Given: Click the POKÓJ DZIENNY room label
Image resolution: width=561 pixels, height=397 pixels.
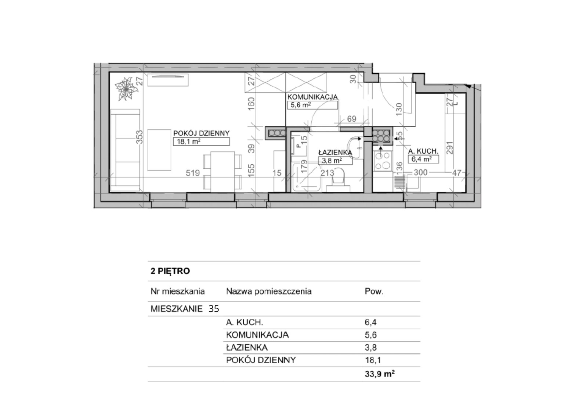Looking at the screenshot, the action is [202, 133].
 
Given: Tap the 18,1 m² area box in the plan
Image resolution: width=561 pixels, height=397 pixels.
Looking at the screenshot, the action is [201, 142].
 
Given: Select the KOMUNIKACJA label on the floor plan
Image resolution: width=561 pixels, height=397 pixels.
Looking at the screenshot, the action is [312, 97].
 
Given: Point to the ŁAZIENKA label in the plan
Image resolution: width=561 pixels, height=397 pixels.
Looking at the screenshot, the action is [335, 152].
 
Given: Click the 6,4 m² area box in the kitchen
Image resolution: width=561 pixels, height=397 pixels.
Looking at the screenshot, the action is [423, 159].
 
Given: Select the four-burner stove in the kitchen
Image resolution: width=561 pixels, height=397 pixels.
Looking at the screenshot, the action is [383, 161].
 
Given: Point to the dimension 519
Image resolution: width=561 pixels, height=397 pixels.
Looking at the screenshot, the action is [193, 173].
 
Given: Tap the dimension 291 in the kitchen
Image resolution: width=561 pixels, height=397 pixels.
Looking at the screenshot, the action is [449, 148].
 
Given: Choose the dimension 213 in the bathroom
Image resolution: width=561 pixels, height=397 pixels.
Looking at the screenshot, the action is [327, 173].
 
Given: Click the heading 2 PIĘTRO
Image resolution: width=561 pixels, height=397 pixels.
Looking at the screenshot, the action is [170, 271].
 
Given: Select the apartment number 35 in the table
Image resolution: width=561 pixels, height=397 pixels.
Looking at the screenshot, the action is [214, 309].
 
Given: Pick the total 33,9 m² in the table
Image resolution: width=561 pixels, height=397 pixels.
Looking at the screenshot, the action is [380, 374].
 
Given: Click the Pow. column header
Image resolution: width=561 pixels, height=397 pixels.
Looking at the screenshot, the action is [374, 292].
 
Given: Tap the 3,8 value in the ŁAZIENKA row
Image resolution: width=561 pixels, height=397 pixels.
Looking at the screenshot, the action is [371, 348].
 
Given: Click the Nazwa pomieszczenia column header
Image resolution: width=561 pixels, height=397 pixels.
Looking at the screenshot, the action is [269, 292].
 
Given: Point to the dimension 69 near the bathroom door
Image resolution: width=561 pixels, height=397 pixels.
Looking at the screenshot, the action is [352, 119].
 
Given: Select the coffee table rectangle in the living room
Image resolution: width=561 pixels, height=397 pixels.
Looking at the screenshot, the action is [159, 150].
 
